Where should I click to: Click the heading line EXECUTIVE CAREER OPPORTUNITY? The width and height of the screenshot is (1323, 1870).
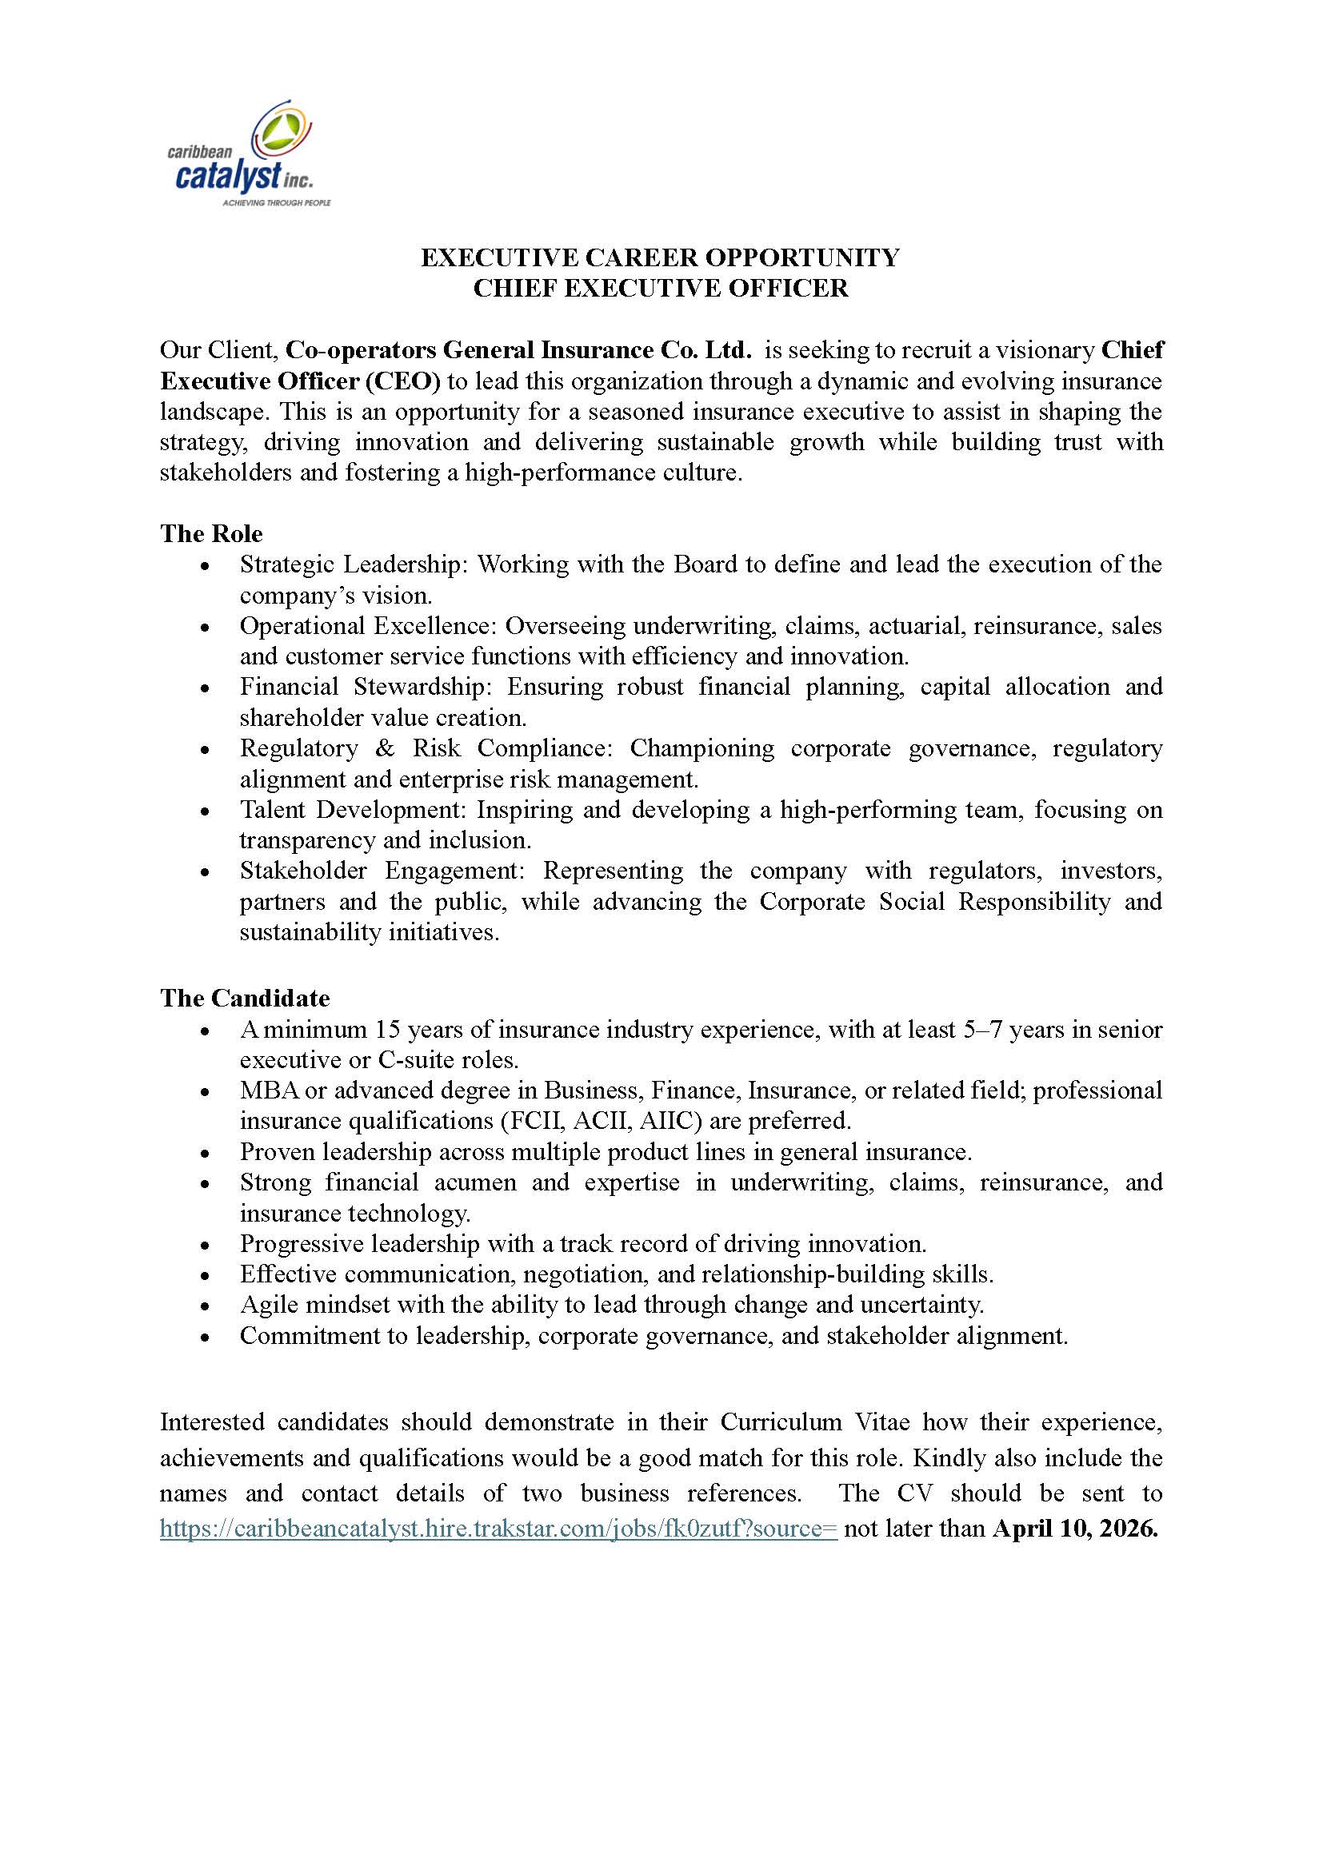pyautogui.click(x=660, y=257)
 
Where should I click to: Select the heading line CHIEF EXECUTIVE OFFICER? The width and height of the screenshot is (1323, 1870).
pyautogui.click(x=660, y=289)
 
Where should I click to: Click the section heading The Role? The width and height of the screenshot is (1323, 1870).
pyautogui.click(x=211, y=533)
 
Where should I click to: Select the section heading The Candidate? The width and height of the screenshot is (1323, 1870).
pyautogui.click(x=245, y=998)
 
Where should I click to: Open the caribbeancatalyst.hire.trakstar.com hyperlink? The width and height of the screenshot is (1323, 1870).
pyautogui.click(x=498, y=1529)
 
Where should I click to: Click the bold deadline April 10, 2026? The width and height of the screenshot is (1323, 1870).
pyautogui.click(x=1074, y=1529)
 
